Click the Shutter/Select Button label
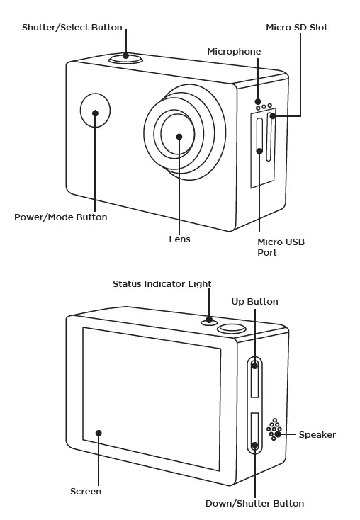[72, 28]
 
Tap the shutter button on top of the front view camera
[126, 57]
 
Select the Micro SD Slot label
[296, 28]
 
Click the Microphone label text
[234, 52]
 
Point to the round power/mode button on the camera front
[95, 113]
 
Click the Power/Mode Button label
[61, 217]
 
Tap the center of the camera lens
[179, 136]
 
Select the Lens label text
[179, 239]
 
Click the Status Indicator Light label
[162, 284]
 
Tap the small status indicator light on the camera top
[209, 320]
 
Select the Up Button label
[254, 302]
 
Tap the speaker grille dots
[274, 429]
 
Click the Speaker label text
[317, 434]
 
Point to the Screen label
[86, 491]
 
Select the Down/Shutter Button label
[254, 504]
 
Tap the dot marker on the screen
[99, 433]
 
